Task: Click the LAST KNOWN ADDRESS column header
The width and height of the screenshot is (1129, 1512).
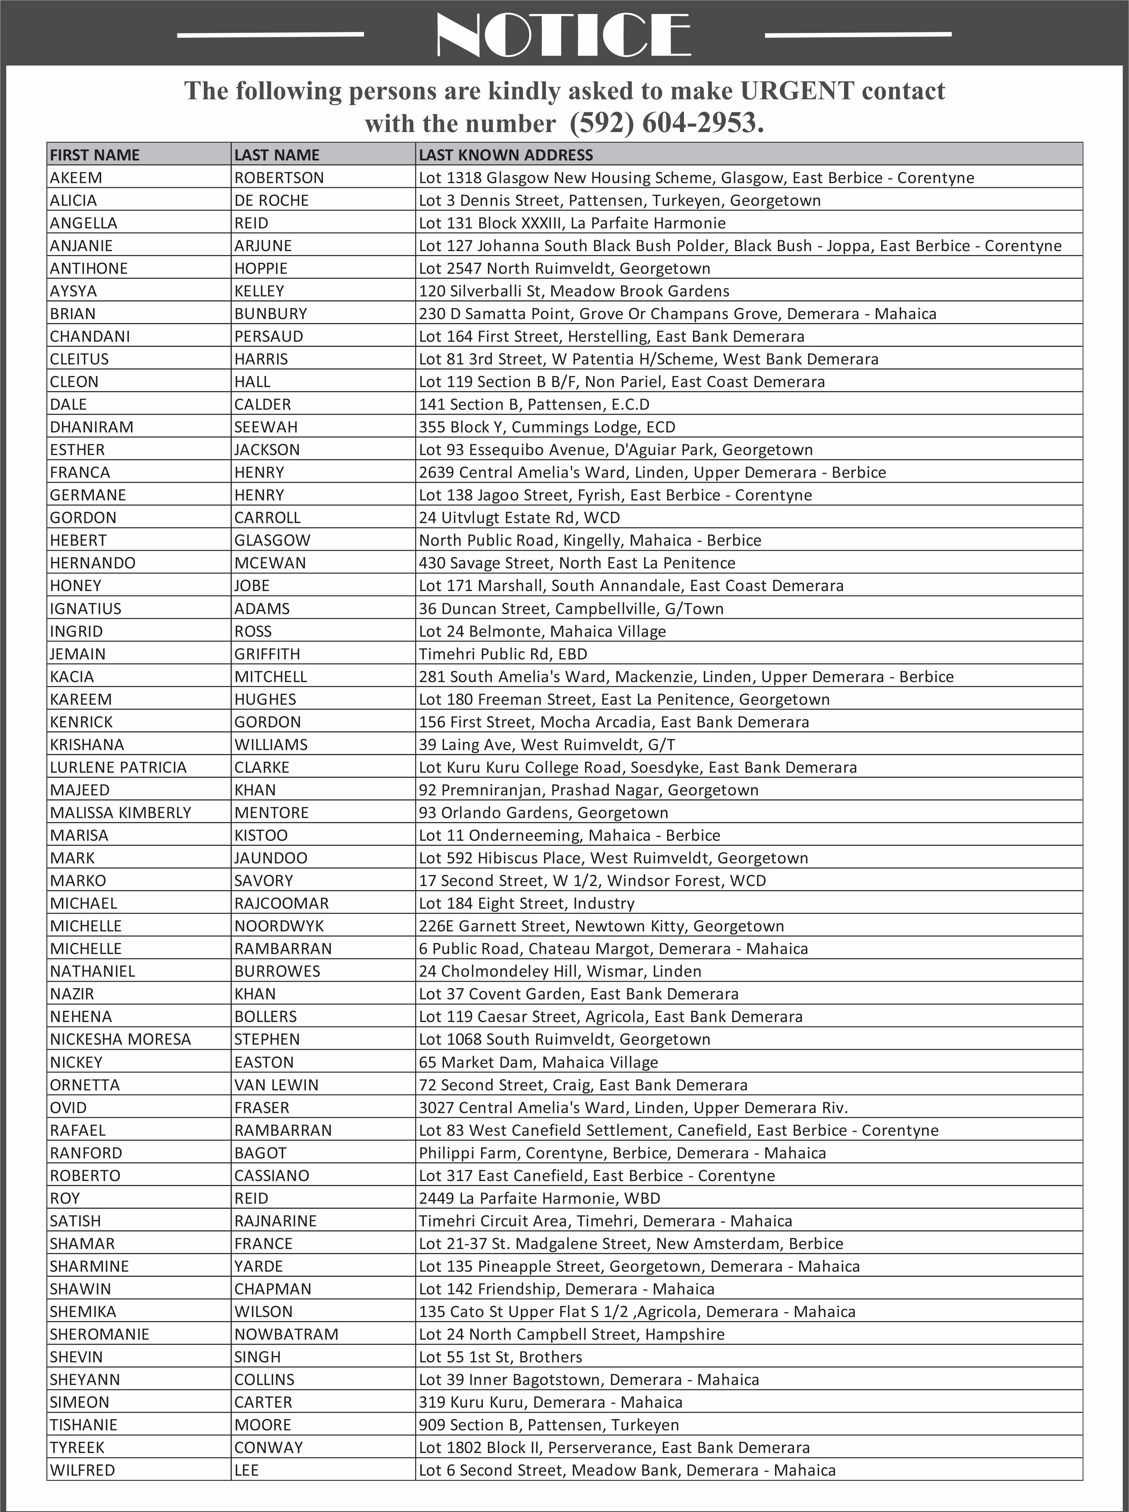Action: click(506, 155)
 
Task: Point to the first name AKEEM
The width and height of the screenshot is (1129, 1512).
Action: click(76, 178)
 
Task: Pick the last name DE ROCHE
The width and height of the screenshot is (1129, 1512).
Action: click(271, 200)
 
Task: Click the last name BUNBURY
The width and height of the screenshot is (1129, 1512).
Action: click(271, 314)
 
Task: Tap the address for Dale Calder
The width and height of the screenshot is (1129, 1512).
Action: click(534, 404)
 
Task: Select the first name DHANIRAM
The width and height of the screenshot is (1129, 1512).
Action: click(92, 427)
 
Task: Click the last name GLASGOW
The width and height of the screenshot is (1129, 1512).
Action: click(272, 540)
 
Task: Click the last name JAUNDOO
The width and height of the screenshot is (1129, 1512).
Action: click(271, 858)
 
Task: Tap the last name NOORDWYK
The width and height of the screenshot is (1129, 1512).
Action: click(279, 926)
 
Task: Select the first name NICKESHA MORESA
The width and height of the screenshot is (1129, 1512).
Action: click(120, 1039)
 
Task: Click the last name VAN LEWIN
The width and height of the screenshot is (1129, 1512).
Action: click(276, 1085)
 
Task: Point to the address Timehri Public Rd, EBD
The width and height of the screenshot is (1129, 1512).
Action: click(503, 654)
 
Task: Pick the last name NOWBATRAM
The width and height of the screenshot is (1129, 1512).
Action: click(286, 1334)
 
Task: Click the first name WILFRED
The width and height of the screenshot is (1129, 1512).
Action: click(82, 1470)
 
